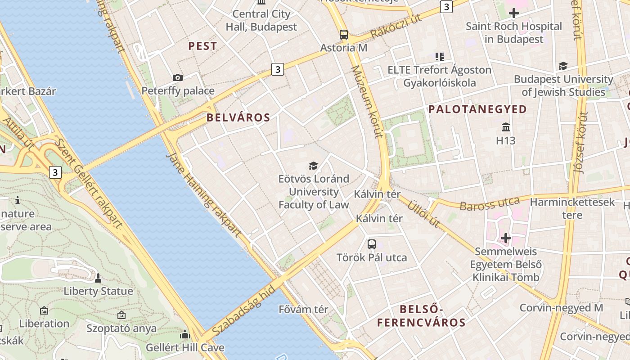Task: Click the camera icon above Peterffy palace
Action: coord(178,77)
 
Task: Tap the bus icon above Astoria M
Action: coord(344,34)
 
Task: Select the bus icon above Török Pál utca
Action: coord(372,244)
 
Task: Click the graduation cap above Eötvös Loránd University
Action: coord(313,166)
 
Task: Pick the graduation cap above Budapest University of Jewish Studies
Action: coord(563,66)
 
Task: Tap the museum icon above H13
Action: coord(506,127)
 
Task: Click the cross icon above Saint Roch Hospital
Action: coord(513,13)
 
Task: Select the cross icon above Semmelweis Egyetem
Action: coord(506,238)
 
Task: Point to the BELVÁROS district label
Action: coord(238,118)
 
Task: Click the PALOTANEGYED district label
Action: coord(477,109)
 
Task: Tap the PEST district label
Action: coord(202,46)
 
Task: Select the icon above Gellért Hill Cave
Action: coord(184,335)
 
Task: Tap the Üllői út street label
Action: coord(423,214)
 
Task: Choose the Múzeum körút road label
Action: coord(367,101)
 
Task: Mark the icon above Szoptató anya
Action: coord(121,315)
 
